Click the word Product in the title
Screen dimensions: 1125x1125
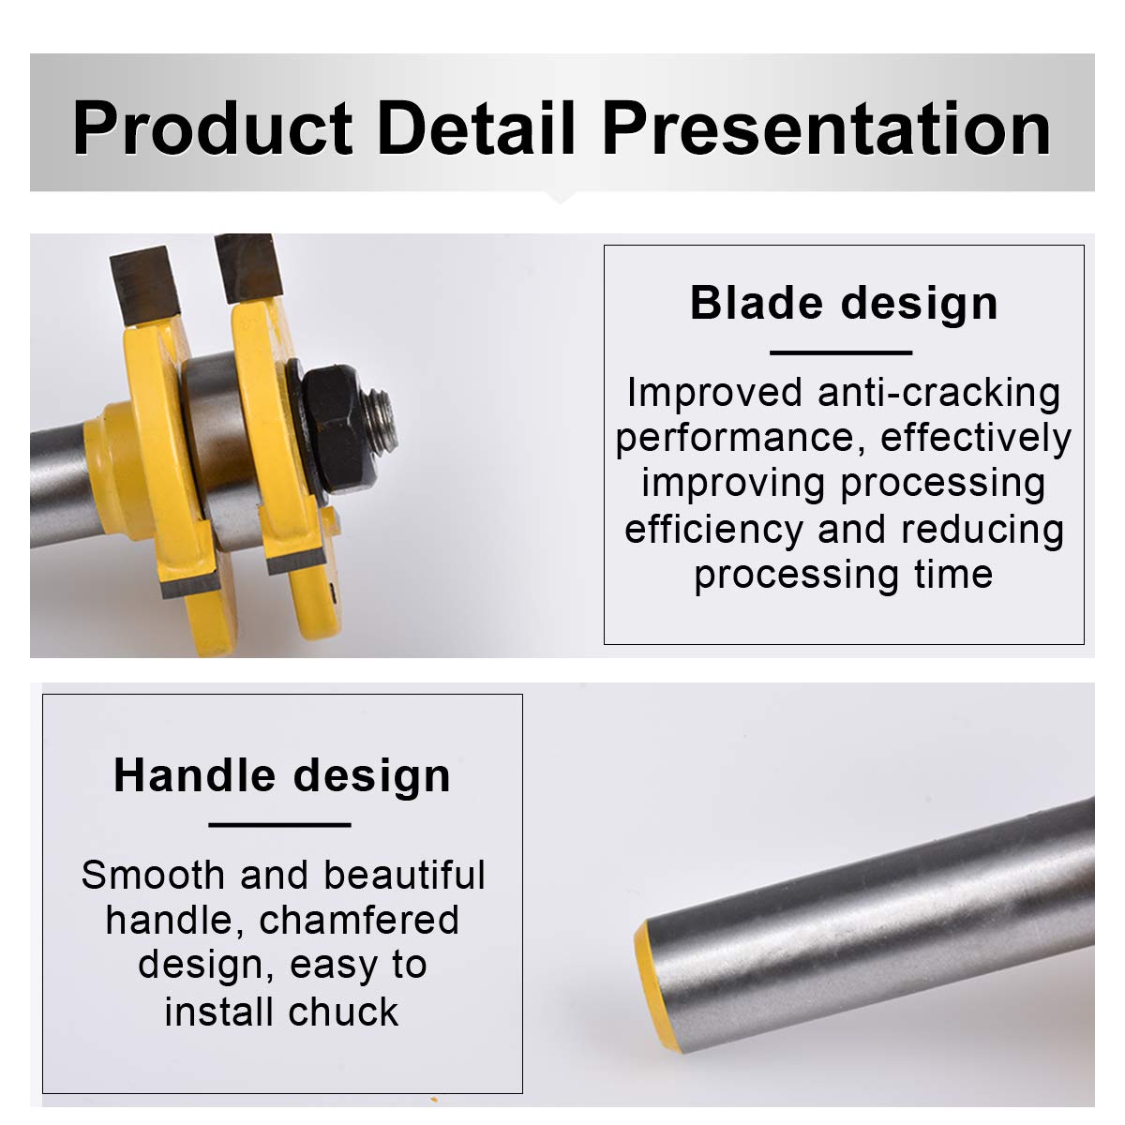coord(212,128)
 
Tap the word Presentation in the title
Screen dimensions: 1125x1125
coord(826,128)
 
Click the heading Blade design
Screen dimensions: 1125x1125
coord(843,304)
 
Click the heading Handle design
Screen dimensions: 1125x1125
coord(282,776)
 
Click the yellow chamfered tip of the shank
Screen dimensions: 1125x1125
coord(658,986)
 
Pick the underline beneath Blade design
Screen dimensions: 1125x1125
coord(841,352)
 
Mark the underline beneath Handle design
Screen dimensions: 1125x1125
coord(279,825)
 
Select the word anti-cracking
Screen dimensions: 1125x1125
coord(938,393)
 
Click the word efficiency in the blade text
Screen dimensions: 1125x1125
coord(714,530)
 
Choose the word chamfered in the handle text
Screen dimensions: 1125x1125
coord(358,922)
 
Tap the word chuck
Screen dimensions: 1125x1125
coord(343,1013)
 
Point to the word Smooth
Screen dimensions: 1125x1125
coord(153,876)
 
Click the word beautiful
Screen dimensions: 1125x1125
coord(404,876)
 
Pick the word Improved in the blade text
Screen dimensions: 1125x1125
coord(715,394)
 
